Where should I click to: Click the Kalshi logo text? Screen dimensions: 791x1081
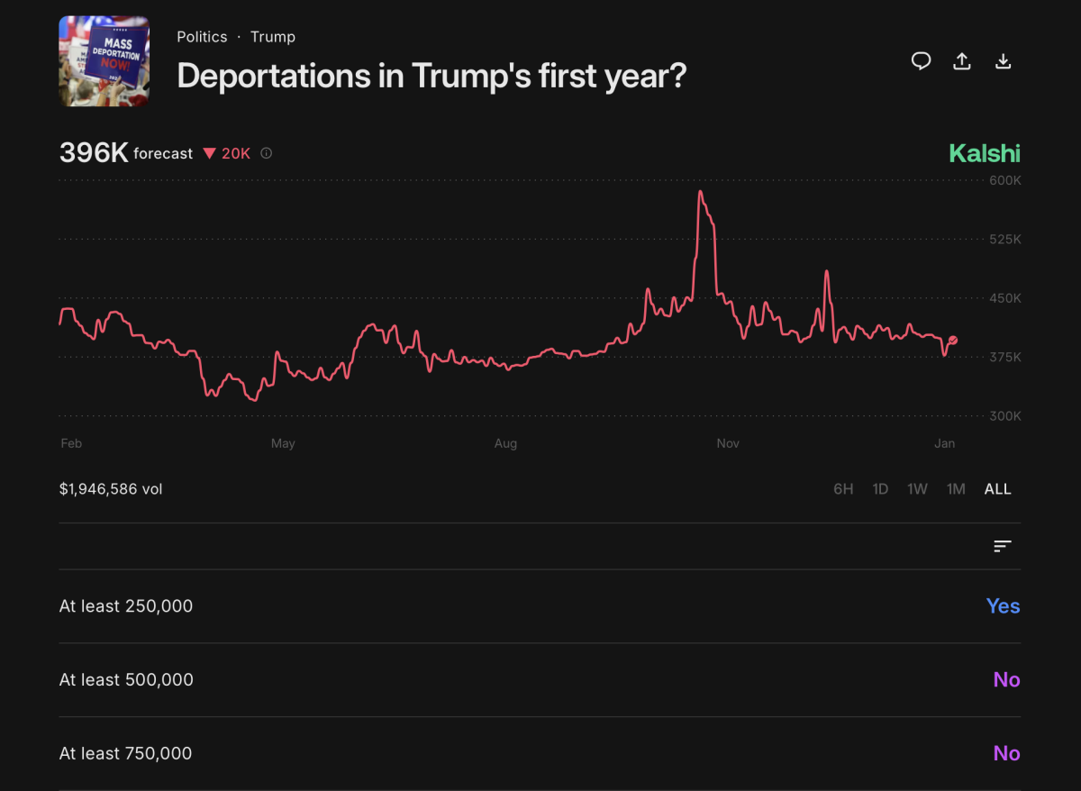(984, 153)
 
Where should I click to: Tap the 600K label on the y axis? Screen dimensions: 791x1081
(1004, 180)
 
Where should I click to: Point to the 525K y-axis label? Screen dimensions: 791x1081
(1004, 240)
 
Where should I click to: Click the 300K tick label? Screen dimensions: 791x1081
(1004, 416)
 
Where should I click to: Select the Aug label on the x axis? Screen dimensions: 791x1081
(505, 443)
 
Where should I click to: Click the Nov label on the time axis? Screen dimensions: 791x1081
(727, 443)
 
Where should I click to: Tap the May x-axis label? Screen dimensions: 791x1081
(283, 443)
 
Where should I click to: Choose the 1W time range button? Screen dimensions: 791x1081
(917, 489)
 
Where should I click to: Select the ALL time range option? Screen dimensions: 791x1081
(997, 489)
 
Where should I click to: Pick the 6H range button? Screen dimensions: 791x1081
(843, 489)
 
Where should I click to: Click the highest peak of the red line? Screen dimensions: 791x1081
(700, 192)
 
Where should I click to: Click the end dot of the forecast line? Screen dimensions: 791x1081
(953, 340)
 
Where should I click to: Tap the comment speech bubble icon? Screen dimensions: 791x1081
(921, 61)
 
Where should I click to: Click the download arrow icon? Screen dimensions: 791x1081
(1003, 61)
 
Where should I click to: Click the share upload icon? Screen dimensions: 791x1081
(962, 61)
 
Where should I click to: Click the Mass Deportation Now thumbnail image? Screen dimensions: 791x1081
(104, 61)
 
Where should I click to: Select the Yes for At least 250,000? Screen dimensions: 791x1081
(1003, 606)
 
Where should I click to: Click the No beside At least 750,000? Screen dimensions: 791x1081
(1006, 753)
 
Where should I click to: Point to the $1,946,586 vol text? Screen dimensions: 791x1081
(111, 489)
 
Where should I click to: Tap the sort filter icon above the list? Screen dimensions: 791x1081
(1003, 546)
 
